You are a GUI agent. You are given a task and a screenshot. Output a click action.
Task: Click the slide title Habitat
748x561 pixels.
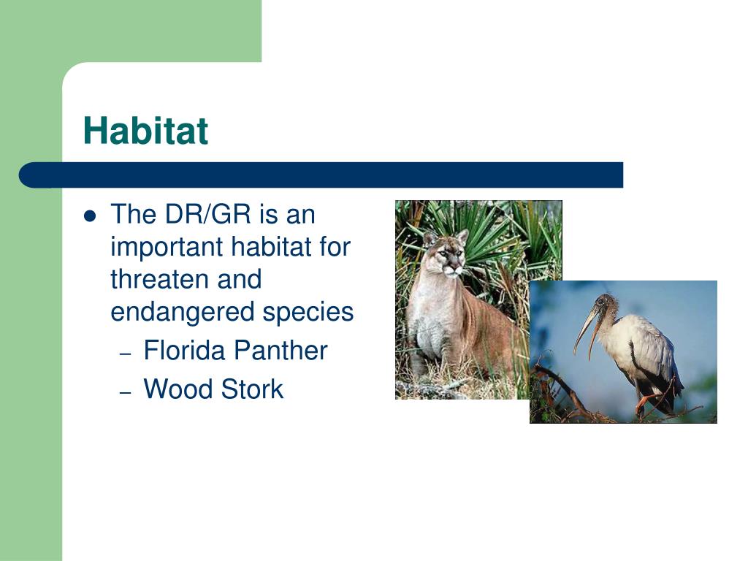tap(145, 130)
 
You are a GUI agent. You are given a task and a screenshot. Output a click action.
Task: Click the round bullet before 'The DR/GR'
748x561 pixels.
tap(90, 216)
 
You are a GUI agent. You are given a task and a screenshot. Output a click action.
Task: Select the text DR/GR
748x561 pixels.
tap(207, 214)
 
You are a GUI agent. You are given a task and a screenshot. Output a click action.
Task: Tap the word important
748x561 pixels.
tap(167, 247)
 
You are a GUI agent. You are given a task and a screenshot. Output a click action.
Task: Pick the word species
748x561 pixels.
tap(308, 313)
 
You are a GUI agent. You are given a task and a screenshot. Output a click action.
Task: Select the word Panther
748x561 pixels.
tap(280, 351)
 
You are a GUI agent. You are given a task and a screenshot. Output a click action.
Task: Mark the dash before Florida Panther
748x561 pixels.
tap(125, 354)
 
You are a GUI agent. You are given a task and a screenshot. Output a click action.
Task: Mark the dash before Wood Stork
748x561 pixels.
tap(125, 392)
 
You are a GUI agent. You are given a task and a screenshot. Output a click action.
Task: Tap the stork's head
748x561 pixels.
tap(604, 305)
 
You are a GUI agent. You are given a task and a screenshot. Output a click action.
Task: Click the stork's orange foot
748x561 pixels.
tap(644, 402)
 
